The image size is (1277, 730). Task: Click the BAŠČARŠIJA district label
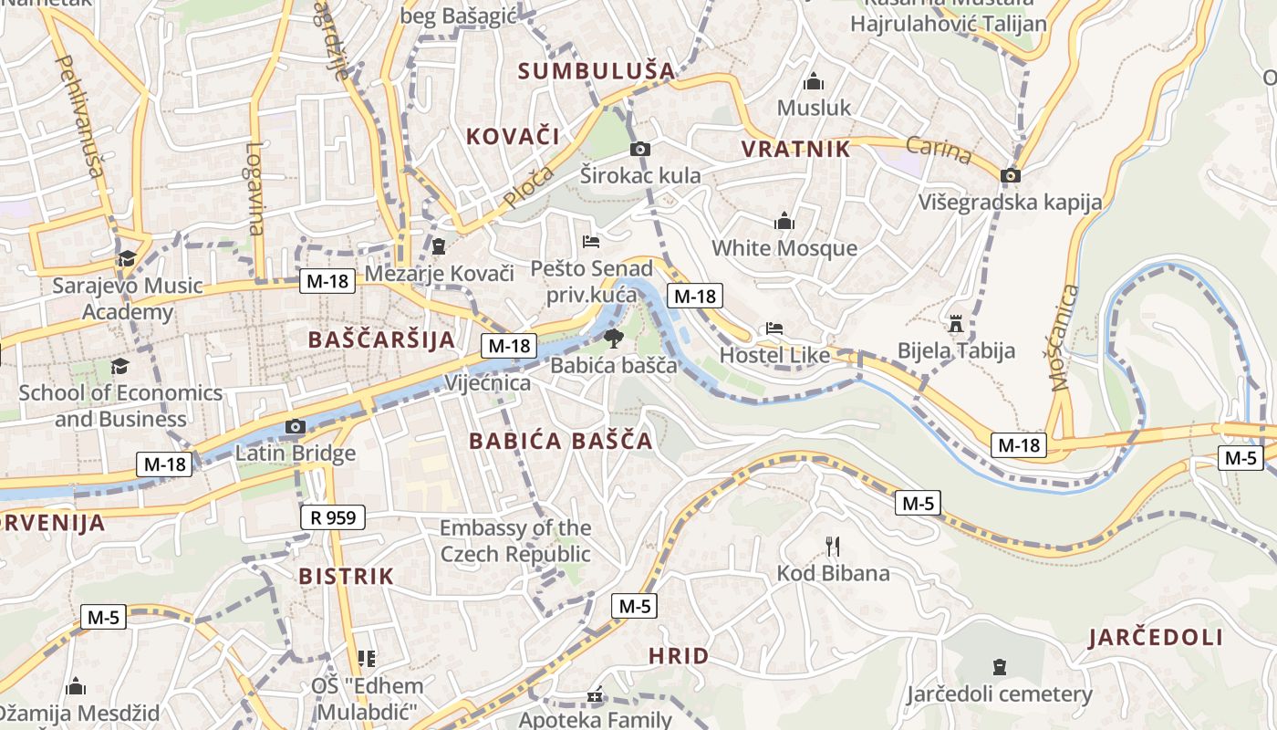(380, 339)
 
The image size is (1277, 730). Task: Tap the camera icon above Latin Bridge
(294, 426)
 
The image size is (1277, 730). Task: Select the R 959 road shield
(333, 518)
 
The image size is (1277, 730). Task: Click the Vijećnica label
(487, 382)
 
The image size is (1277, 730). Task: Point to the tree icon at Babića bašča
(613, 339)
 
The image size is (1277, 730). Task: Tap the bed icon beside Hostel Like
(774, 328)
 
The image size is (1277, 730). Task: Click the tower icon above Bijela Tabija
(955, 324)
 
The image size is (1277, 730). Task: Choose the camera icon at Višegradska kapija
(1010, 175)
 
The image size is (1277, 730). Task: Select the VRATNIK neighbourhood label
(795, 150)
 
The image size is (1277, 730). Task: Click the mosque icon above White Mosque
(784, 221)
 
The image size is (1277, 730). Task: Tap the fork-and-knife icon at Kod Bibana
(832, 547)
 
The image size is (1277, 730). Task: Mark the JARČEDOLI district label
(1155, 638)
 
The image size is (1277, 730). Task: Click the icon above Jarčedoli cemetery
(999, 667)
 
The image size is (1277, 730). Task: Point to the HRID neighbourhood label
(679, 655)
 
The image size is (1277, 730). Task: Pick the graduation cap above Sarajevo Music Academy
(126, 258)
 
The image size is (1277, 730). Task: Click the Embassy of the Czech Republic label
(515, 541)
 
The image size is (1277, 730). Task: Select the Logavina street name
(254, 188)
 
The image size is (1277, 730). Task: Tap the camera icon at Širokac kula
(640, 149)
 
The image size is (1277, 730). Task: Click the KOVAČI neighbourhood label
(513, 137)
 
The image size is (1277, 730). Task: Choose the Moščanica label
(1064, 338)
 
